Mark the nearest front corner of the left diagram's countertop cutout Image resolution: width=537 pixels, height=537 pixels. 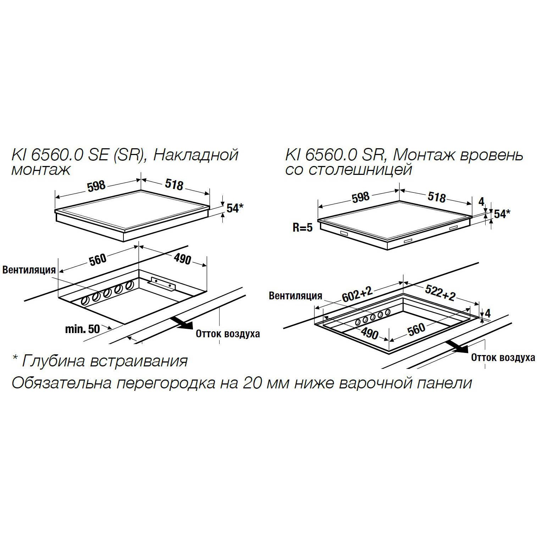(124, 324)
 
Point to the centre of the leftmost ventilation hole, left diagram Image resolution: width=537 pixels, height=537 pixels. (85, 301)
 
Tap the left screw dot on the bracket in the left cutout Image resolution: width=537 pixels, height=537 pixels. (156, 281)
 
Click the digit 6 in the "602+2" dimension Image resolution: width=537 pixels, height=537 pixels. (345, 298)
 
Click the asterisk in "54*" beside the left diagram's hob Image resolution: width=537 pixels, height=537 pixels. (241, 206)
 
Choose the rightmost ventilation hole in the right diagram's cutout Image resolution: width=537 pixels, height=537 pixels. (388, 312)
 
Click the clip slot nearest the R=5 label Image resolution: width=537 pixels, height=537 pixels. (344, 233)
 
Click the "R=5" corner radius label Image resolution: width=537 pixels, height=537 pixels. (303, 227)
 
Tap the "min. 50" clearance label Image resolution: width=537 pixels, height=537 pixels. (83, 329)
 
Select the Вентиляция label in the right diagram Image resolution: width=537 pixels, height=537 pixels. (295, 295)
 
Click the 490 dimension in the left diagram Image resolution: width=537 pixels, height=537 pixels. (182, 259)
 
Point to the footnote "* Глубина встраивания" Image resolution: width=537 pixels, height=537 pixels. (100, 361)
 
